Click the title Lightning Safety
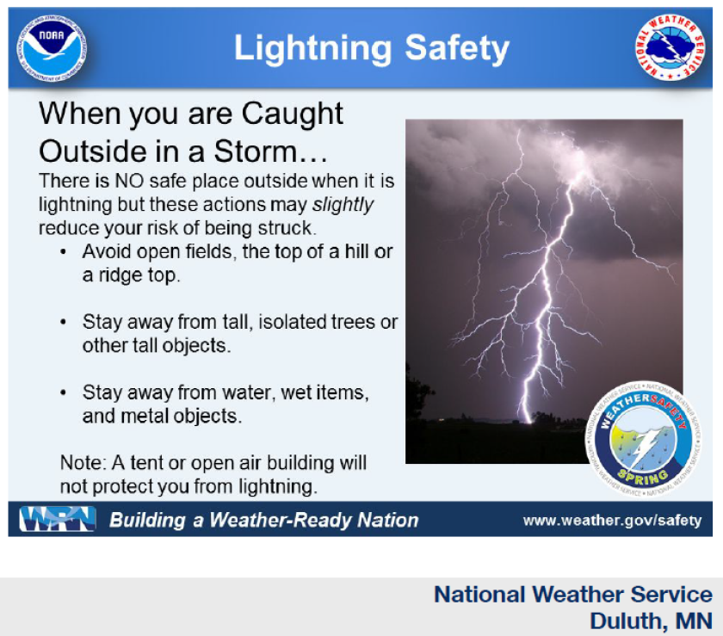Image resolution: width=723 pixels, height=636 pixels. (371, 49)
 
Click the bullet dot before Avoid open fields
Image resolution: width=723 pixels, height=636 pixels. (65, 253)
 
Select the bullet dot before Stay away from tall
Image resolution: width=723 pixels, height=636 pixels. (65, 323)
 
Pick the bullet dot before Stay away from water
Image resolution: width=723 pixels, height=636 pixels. (65, 393)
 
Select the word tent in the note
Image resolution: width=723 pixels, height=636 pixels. (136, 463)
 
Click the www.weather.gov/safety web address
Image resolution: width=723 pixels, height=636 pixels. (612, 521)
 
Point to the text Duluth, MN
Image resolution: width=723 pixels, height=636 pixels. (650, 620)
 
